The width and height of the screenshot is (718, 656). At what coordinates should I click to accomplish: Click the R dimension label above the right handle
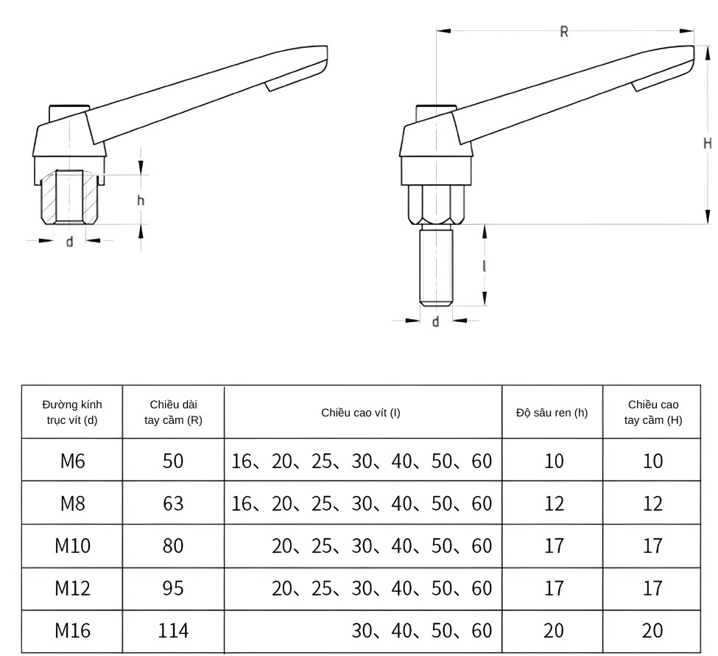pyautogui.click(x=564, y=32)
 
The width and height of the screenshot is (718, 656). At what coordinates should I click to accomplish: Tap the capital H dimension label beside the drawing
pyautogui.click(x=707, y=143)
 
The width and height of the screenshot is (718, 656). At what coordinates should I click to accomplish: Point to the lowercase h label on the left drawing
pyautogui.click(x=141, y=200)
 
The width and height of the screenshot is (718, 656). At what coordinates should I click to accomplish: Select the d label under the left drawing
pyautogui.click(x=70, y=242)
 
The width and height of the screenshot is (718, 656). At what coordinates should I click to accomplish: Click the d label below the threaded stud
pyautogui.click(x=435, y=322)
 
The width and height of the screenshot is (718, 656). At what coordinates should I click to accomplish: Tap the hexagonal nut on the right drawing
pyautogui.click(x=436, y=204)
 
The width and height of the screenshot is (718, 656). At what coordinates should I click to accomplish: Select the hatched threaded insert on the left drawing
pyautogui.click(x=70, y=198)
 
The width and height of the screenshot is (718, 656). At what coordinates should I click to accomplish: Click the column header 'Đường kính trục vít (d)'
pyautogui.click(x=72, y=412)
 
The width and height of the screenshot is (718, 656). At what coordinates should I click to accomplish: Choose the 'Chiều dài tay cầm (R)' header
pyautogui.click(x=173, y=412)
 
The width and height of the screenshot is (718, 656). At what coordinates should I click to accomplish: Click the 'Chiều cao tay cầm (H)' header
pyautogui.click(x=652, y=412)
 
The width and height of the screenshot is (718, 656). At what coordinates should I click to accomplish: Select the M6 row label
pyautogui.click(x=72, y=461)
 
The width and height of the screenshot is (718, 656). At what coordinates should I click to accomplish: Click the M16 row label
pyautogui.click(x=72, y=631)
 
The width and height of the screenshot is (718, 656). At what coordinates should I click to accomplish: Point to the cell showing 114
pyautogui.click(x=173, y=631)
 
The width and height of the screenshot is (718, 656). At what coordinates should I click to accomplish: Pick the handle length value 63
pyautogui.click(x=173, y=504)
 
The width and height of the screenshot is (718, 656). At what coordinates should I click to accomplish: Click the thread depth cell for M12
pyautogui.click(x=553, y=588)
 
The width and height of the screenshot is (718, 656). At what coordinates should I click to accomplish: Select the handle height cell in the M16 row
pyautogui.click(x=652, y=631)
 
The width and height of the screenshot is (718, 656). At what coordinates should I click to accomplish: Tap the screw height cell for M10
pyautogui.click(x=381, y=546)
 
